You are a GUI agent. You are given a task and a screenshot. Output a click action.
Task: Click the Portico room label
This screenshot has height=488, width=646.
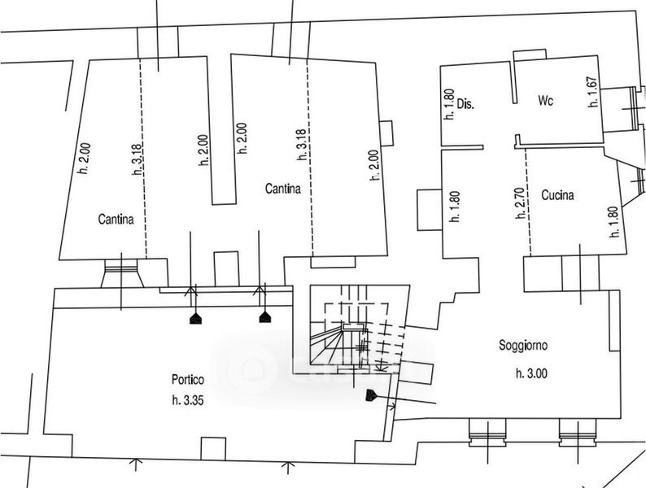point(188,379)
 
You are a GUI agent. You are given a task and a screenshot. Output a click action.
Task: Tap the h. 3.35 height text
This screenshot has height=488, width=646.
point(188,400)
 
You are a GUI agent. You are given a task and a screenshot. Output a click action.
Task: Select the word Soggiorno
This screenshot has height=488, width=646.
point(523,345)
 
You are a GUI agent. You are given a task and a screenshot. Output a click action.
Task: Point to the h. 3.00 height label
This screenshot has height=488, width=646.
point(531,373)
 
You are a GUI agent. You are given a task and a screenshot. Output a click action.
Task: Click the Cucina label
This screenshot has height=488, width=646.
point(557,194)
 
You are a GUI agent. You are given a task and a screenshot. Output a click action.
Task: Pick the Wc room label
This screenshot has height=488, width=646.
point(545,101)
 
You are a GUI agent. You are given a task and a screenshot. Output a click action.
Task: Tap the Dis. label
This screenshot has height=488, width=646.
point(465,104)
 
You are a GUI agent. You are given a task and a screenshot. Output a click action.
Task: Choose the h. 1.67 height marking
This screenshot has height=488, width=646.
point(592,92)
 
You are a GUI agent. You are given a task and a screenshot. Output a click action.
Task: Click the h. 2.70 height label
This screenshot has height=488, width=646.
point(521,203)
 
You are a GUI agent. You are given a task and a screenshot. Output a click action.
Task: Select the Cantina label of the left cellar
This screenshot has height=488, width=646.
point(116,219)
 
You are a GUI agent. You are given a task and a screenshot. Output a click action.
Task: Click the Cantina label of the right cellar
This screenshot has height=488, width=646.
point(282,189)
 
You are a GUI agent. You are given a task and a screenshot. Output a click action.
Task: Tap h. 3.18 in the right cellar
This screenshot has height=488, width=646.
point(301,145)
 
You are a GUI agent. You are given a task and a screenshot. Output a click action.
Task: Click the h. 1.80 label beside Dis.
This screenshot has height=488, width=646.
point(449,105)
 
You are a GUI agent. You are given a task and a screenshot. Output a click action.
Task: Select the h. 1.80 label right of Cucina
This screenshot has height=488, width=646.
point(614,221)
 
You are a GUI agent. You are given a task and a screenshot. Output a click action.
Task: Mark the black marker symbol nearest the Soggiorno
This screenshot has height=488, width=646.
point(371,395)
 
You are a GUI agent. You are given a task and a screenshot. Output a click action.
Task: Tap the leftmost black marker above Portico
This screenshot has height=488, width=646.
point(195,318)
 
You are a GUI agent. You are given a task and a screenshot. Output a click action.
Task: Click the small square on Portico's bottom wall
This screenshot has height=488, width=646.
point(213,448)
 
